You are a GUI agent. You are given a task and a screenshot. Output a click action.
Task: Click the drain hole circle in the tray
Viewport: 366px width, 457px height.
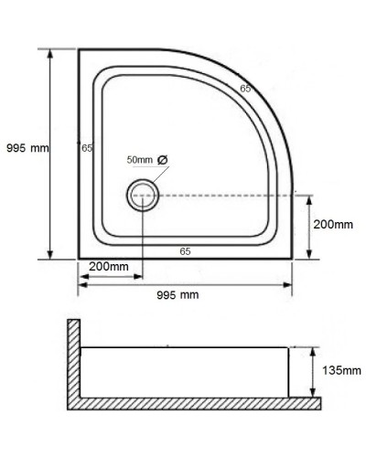[x=143, y=195]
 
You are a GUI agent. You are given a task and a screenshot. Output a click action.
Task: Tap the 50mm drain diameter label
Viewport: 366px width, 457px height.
[x=140, y=160]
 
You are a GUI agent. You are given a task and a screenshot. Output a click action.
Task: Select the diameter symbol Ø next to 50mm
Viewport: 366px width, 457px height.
[x=163, y=160]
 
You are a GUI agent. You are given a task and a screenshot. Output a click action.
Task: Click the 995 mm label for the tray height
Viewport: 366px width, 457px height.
[x=27, y=147]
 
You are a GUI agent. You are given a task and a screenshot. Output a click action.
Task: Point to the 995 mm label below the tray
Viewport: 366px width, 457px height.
[x=178, y=295]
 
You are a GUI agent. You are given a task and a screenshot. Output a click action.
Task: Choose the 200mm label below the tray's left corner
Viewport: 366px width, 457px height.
[x=109, y=267]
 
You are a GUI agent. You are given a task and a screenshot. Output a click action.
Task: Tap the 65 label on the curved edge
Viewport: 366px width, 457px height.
[x=245, y=89]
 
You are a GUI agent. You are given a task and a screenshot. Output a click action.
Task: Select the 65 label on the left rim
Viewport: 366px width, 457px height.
[x=87, y=148]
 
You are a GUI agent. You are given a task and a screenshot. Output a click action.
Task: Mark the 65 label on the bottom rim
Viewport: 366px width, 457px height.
[x=185, y=250]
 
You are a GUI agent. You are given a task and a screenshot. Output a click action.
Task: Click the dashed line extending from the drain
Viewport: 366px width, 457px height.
[x=229, y=195]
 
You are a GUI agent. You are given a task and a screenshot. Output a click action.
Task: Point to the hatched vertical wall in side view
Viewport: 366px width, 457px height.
[x=73, y=361]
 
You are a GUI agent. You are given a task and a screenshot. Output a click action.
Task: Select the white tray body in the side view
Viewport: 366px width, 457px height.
[x=183, y=371]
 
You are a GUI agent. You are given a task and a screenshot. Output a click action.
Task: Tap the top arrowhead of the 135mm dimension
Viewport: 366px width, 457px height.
[x=315, y=350]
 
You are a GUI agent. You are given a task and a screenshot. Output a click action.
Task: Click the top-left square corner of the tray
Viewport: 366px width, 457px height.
[x=79, y=49]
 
